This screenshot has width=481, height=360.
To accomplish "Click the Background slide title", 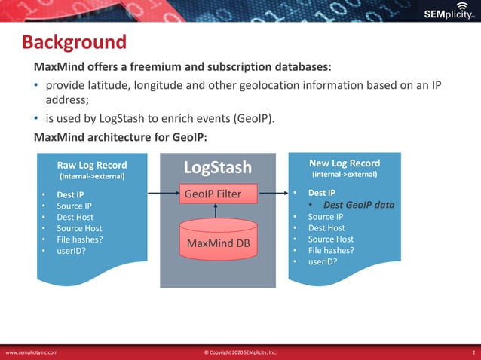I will click(73, 43).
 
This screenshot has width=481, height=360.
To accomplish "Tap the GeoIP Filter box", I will click(218, 194).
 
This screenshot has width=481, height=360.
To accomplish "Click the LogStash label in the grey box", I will click(218, 166).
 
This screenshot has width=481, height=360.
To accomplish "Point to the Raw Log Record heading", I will click(92, 165).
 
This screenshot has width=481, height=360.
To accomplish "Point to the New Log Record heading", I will click(345, 163).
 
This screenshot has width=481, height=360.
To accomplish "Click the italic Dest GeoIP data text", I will click(359, 205).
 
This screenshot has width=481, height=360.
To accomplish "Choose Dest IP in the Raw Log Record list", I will click(69, 194).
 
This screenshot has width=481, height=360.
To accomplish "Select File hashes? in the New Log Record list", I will click(332, 250).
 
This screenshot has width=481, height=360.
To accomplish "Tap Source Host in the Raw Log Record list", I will click(78, 228).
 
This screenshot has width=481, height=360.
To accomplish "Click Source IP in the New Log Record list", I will click(325, 216).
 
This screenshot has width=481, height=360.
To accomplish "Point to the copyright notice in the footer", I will click(240, 352).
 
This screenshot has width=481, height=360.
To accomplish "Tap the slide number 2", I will click(473, 352).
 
